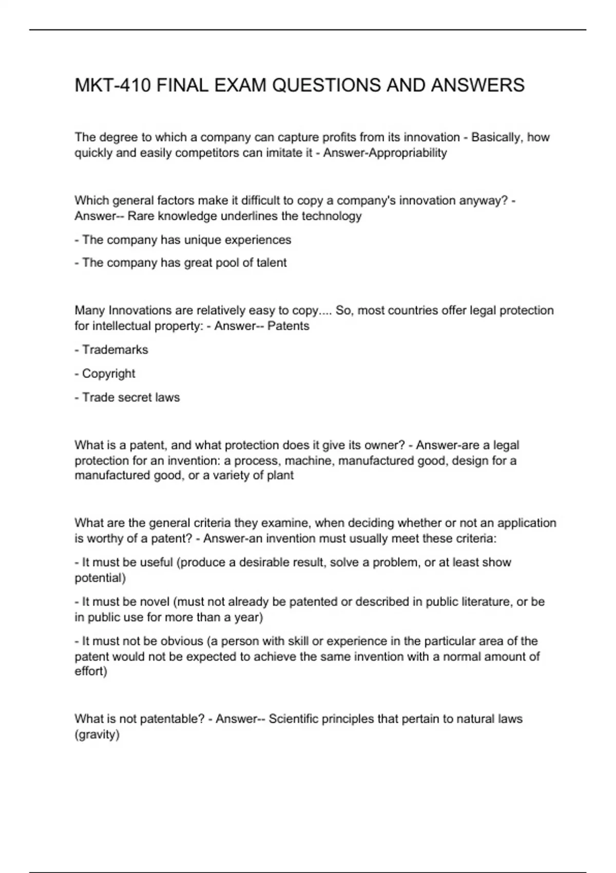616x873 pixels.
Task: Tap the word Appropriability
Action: (x=405, y=153)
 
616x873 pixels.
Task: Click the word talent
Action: (x=272, y=263)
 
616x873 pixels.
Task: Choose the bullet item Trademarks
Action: (x=115, y=350)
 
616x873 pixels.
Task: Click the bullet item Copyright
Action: (x=108, y=374)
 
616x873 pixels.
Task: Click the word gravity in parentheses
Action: (x=97, y=735)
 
